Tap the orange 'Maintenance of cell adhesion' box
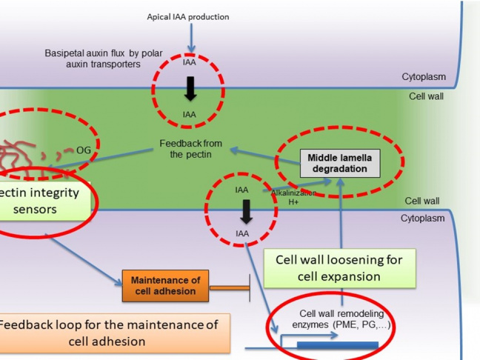165,285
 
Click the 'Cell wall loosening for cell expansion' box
339,268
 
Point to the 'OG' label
84,150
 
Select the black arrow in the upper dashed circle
190,88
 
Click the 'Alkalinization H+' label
293,197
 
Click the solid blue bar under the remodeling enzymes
337,346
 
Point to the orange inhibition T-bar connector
230,286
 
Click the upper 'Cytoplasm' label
424,76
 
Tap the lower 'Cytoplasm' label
423,219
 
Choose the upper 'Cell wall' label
426,96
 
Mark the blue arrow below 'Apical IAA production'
191,37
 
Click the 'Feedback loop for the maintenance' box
111,333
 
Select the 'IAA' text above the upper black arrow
190,63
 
